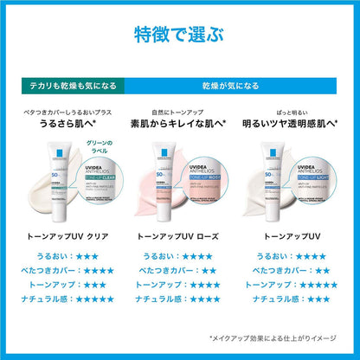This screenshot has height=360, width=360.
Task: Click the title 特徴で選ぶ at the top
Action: click(180, 34)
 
